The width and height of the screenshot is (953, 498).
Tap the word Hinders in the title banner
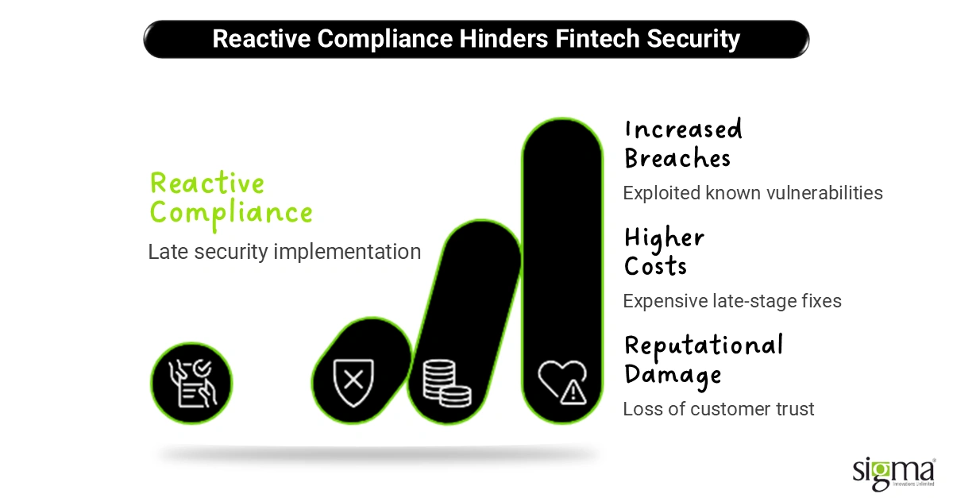[x=504, y=39]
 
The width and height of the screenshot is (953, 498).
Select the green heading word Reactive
[x=207, y=183]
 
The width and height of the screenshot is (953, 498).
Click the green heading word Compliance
[x=231, y=213]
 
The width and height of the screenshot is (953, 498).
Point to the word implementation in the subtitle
[x=347, y=252]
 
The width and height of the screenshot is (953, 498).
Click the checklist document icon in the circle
[x=192, y=384]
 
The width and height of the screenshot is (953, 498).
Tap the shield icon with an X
[x=353, y=383]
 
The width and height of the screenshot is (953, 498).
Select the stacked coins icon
[x=446, y=384]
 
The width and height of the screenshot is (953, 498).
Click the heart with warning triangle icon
[x=562, y=382]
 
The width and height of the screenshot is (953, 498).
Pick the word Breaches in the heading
[x=677, y=158]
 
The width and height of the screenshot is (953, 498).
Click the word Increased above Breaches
[x=684, y=129]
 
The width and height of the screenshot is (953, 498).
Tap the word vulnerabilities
[x=824, y=193]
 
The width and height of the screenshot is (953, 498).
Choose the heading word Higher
[x=665, y=238]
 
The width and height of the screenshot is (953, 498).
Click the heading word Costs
[x=656, y=266]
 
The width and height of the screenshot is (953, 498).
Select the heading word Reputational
[x=704, y=346]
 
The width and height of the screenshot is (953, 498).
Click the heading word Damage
[x=673, y=375]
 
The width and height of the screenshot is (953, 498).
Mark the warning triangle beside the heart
[x=573, y=392]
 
